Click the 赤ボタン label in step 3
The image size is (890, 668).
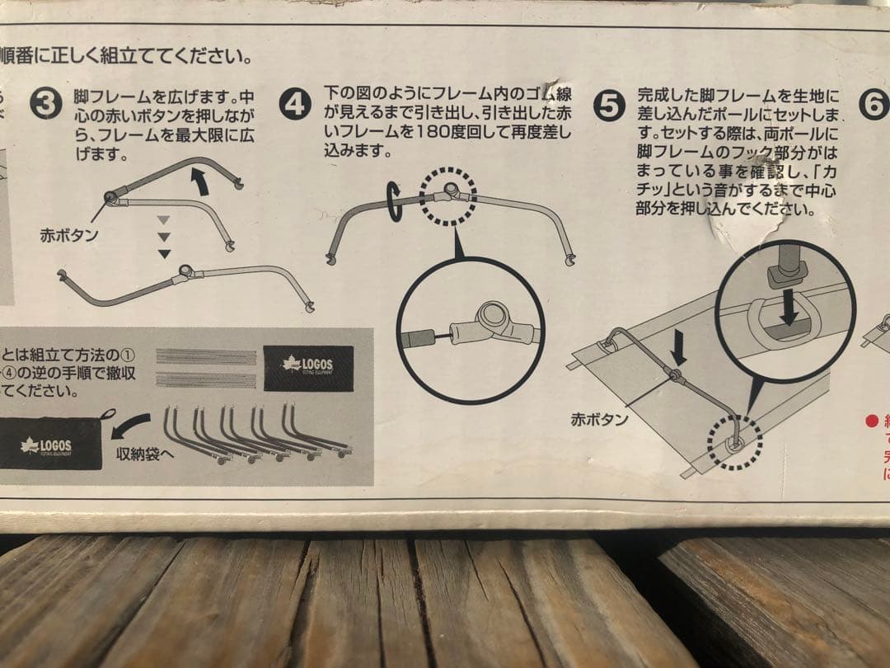pos(68,234)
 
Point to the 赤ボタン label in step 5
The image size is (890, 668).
pos(599,419)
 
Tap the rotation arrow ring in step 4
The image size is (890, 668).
pos(393,202)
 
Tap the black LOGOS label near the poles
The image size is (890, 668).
pos(308,368)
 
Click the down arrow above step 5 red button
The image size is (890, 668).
pos(678,353)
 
